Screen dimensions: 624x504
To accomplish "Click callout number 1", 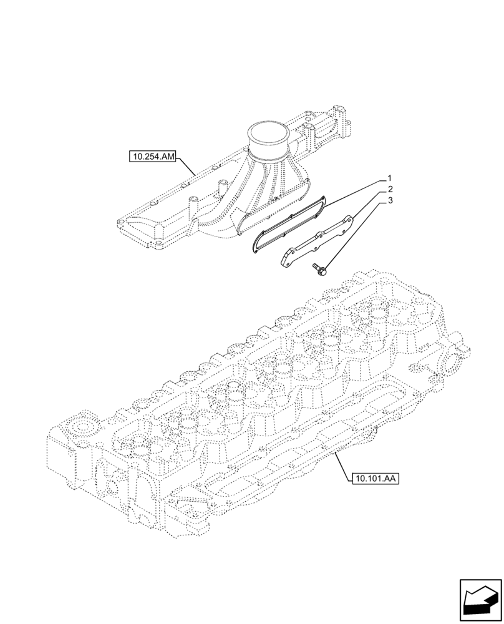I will click(x=390, y=177).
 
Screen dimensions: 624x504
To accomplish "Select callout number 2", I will click(x=390, y=189).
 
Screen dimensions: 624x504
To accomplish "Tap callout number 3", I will click(x=390, y=201).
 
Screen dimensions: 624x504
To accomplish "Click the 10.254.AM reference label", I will click(x=153, y=156).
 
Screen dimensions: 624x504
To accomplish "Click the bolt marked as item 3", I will click(x=319, y=270).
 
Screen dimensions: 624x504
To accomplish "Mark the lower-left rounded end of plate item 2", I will click(x=284, y=260).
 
